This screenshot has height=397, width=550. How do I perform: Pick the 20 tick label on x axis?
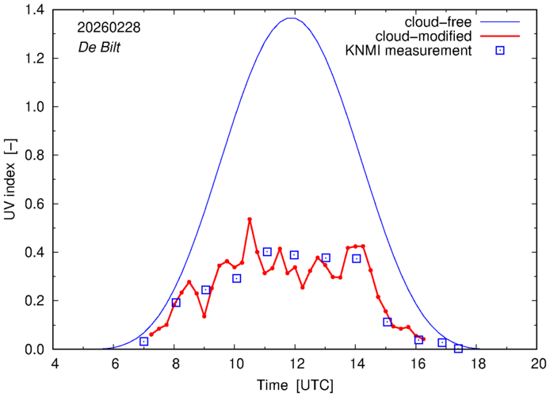538,364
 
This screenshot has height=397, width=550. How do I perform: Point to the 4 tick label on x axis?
54,364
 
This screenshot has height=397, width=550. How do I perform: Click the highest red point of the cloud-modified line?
250,219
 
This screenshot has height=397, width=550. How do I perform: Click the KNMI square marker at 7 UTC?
144,341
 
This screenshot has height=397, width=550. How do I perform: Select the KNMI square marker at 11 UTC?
267,251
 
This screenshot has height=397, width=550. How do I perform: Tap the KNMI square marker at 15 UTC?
388,322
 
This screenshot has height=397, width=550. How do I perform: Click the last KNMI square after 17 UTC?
458,348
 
